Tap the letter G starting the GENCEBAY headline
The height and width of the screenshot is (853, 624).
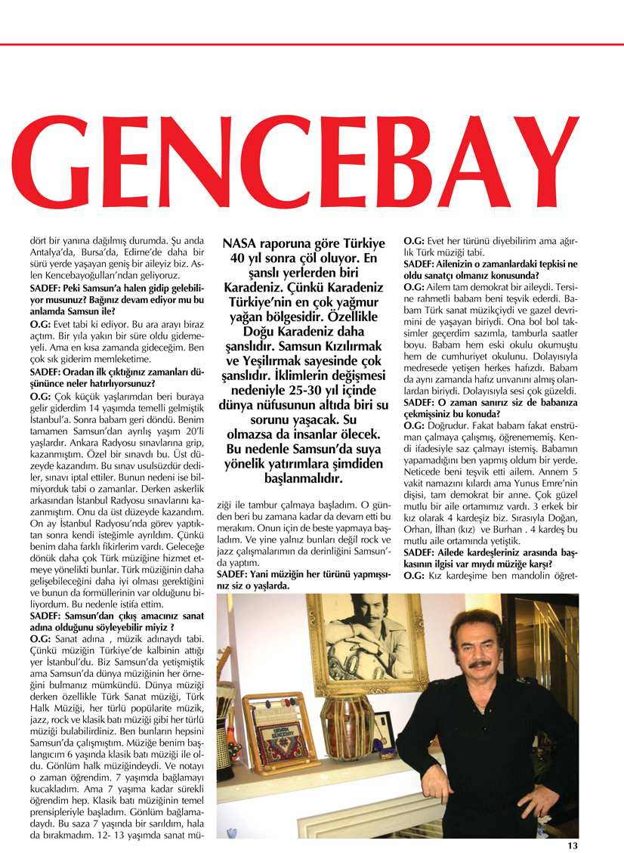pos(57,175)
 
